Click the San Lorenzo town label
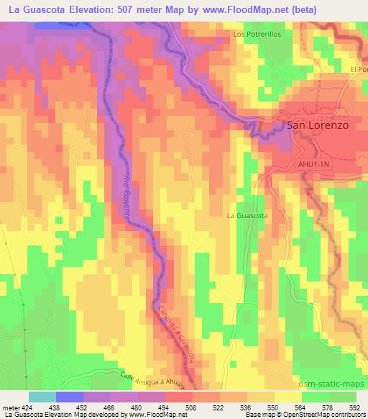(318, 125)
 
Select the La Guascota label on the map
(247, 215)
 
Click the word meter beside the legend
(10, 407)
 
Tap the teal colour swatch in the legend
(42, 397)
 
